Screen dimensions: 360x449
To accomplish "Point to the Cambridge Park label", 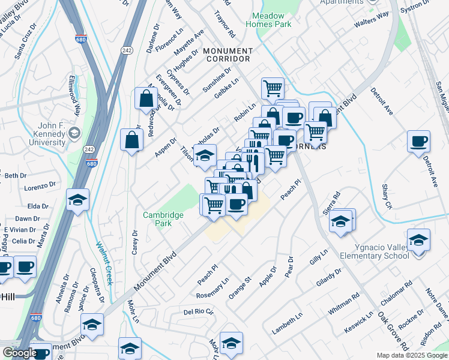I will pos(157,219).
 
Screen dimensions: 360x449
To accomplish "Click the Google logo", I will pos(19,353).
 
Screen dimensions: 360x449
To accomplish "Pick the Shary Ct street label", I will pos(387,197).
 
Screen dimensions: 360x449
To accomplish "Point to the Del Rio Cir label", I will pos(199,312).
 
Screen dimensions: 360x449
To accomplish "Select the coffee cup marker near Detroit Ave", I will pos(418,142).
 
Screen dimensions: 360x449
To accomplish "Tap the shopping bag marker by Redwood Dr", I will pos(146,98).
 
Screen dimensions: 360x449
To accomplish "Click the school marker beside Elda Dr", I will pos(77,200).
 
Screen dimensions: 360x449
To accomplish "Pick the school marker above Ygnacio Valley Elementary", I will pos(418,240).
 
